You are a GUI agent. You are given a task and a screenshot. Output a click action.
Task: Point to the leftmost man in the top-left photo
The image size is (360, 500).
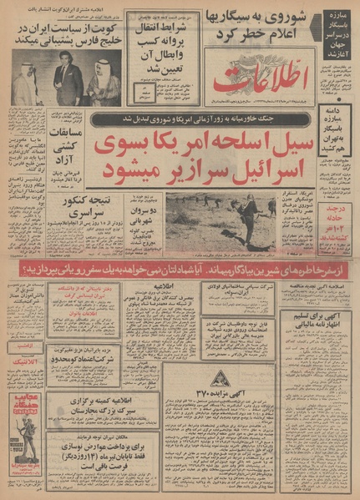point(26,85)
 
